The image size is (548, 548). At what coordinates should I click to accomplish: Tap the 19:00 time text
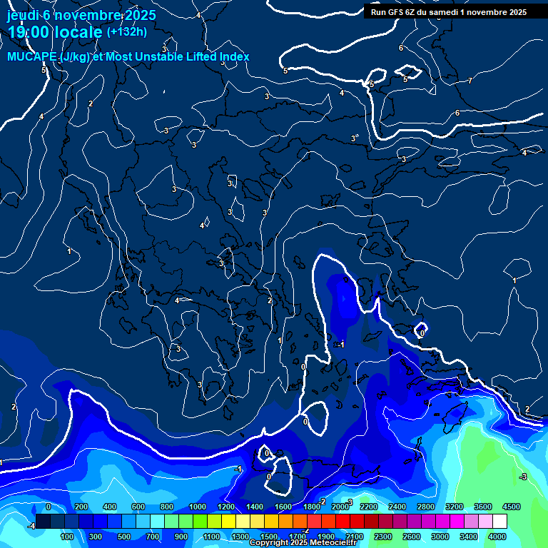29,32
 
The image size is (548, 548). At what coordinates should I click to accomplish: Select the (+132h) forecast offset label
127,31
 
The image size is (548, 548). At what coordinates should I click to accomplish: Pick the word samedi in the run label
453,12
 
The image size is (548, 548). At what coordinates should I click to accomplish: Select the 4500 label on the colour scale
512,506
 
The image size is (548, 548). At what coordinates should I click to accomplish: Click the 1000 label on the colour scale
198,506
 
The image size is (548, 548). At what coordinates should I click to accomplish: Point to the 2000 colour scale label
340,506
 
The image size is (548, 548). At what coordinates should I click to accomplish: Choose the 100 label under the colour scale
68,536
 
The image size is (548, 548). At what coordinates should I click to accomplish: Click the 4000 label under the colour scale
497,536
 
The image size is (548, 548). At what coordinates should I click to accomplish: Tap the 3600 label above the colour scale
483,506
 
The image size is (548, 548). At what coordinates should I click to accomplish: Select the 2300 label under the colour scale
383,536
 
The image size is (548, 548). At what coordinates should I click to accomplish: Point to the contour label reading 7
470,81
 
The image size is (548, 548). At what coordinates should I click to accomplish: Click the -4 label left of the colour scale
31,526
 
